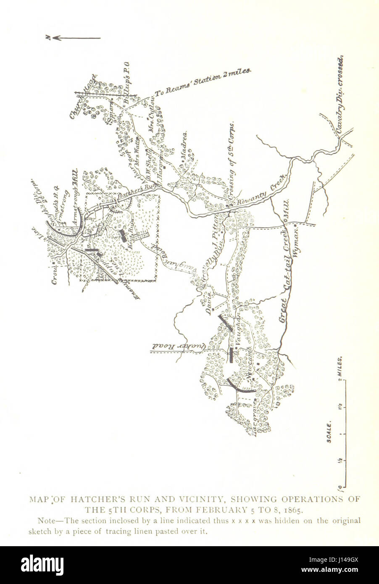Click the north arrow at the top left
pos(74,38)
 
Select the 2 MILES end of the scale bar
pos(342,369)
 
